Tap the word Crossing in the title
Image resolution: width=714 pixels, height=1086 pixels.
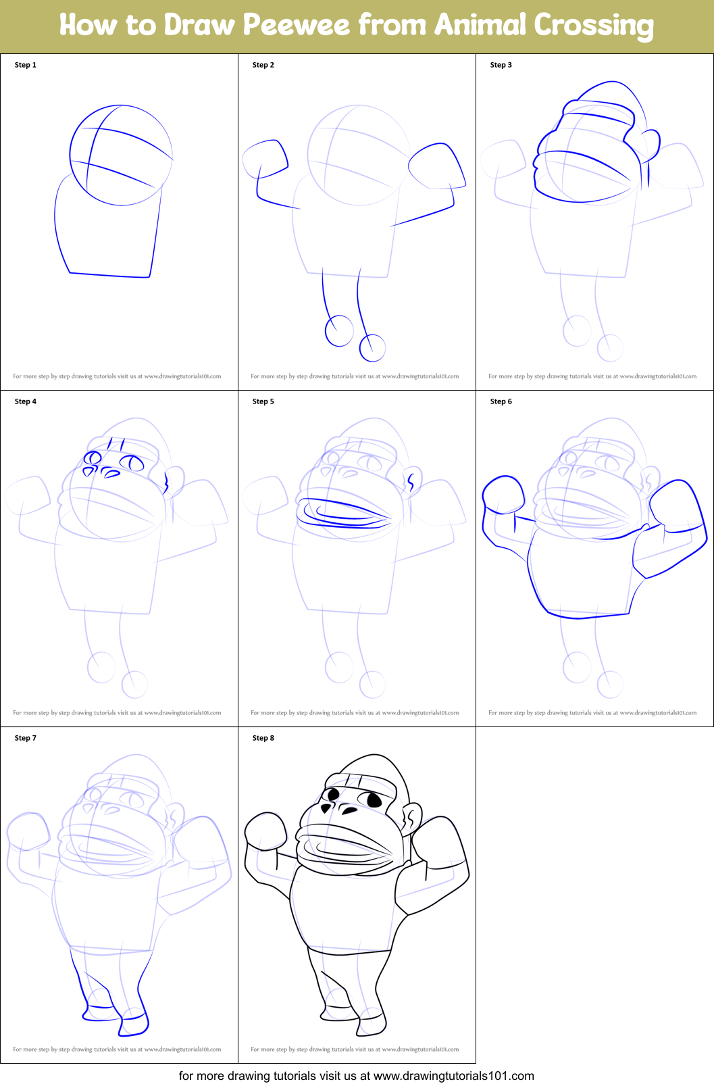[x=594, y=26]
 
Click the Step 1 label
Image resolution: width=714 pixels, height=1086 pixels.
[x=26, y=65]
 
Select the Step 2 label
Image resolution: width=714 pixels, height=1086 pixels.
[x=263, y=65]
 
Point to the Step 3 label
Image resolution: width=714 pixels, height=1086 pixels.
[x=501, y=65]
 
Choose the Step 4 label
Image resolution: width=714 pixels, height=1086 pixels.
[x=26, y=401]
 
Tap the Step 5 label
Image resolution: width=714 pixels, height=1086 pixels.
[x=263, y=401]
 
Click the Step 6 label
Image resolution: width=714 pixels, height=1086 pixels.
[x=501, y=401]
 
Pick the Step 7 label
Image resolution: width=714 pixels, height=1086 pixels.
[x=26, y=738]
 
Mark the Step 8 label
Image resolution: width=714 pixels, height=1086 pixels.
[x=263, y=738]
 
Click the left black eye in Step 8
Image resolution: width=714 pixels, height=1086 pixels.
[x=331, y=794]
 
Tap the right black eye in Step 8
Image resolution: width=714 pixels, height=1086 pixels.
[x=374, y=800]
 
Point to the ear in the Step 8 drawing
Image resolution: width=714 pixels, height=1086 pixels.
[x=412, y=818]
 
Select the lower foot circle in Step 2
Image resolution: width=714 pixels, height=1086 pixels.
[x=372, y=348]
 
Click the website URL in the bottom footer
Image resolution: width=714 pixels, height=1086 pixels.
[x=453, y=1076]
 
